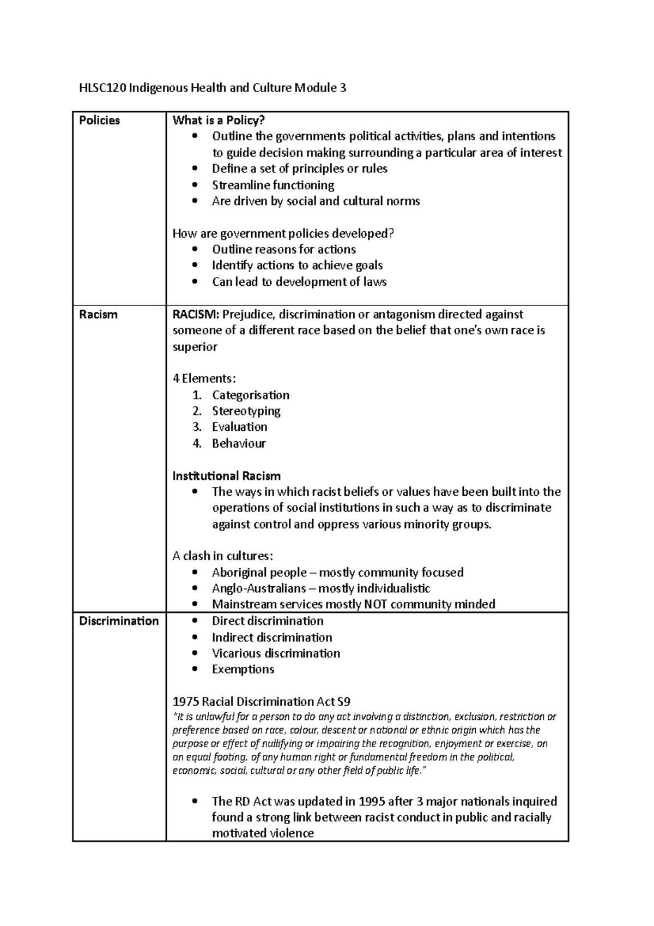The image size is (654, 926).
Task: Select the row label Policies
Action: point(99,121)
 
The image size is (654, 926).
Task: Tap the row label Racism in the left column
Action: point(98,315)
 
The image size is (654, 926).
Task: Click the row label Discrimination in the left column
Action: point(119,621)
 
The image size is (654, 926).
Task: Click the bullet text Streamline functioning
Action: point(272,185)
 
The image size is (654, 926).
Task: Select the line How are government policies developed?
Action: point(283,233)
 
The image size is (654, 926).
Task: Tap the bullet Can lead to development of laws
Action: point(299,282)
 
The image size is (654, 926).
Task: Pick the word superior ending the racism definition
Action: point(195,347)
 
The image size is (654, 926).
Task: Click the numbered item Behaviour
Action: point(239,443)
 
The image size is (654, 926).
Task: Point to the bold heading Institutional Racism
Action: point(226,476)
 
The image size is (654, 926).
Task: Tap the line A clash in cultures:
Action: point(222,556)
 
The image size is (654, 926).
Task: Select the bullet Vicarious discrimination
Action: point(276,653)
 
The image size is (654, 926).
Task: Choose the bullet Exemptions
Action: point(243,669)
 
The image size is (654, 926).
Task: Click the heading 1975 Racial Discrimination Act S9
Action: point(265,701)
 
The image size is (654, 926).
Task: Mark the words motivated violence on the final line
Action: point(263,833)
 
